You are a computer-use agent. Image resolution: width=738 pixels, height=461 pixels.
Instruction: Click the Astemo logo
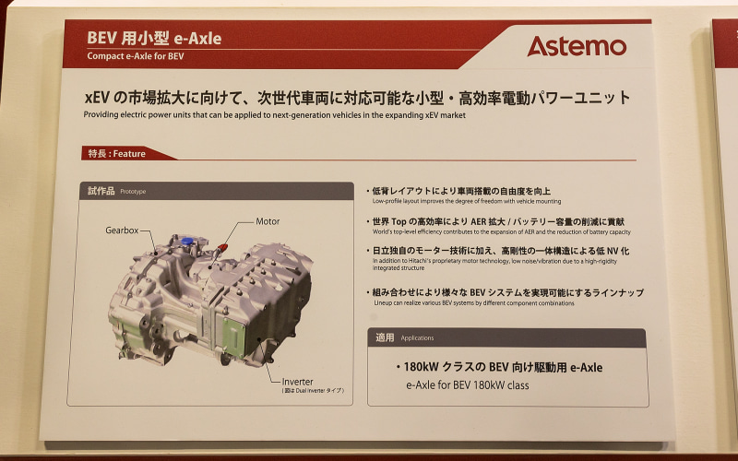[577, 46]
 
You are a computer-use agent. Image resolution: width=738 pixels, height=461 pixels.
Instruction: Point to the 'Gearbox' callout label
[122, 229]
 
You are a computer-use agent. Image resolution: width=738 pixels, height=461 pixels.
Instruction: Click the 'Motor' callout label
[268, 221]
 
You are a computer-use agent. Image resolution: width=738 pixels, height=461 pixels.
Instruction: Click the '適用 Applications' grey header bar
[506, 337]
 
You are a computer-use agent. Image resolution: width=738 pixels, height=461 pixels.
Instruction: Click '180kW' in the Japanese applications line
[423, 367]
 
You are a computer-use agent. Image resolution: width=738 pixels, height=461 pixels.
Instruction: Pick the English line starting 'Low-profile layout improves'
[466, 201]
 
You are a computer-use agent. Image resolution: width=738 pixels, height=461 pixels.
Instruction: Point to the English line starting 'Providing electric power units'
[275, 115]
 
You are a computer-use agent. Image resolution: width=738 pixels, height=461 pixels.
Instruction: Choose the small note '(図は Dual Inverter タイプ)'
[313, 391]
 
